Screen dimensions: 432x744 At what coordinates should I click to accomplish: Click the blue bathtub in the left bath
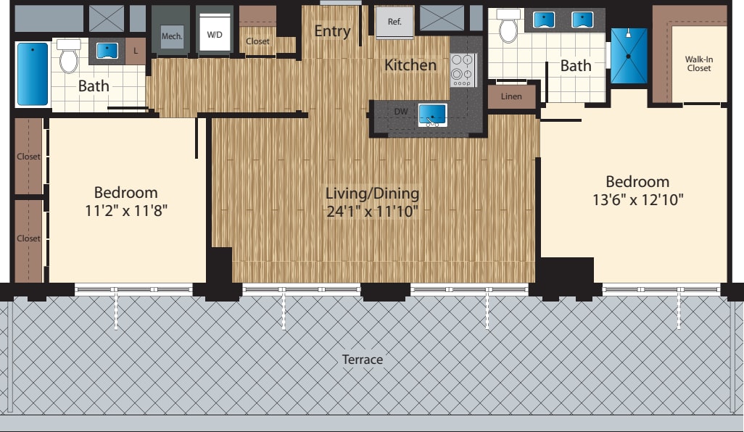click(x=32, y=74)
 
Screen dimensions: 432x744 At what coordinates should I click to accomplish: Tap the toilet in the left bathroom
click(x=69, y=57)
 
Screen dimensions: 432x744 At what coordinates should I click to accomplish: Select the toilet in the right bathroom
click(x=509, y=26)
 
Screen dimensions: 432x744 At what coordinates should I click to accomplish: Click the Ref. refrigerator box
click(x=394, y=22)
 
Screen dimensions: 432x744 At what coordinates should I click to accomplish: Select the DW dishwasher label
click(x=401, y=112)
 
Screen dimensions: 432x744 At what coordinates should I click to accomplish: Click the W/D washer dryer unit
click(x=215, y=34)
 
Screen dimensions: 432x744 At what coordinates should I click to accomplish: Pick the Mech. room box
click(x=172, y=36)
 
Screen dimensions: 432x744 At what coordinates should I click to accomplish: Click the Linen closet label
click(x=511, y=96)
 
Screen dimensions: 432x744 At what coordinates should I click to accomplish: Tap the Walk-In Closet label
click(x=699, y=63)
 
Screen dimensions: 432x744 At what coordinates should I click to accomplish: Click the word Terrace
click(x=363, y=360)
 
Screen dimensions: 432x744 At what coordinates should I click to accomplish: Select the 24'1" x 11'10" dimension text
click(x=372, y=212)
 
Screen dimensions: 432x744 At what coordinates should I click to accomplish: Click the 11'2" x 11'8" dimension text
click(x=125, y=211)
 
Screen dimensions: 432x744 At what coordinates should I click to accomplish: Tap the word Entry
click(x=332, y=31)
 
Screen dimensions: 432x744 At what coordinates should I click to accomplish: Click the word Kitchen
click(x=410, y=65)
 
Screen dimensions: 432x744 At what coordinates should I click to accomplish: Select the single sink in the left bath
click(x=107, y=51)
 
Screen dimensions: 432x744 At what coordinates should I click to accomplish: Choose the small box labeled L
click(x=136, y=51)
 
